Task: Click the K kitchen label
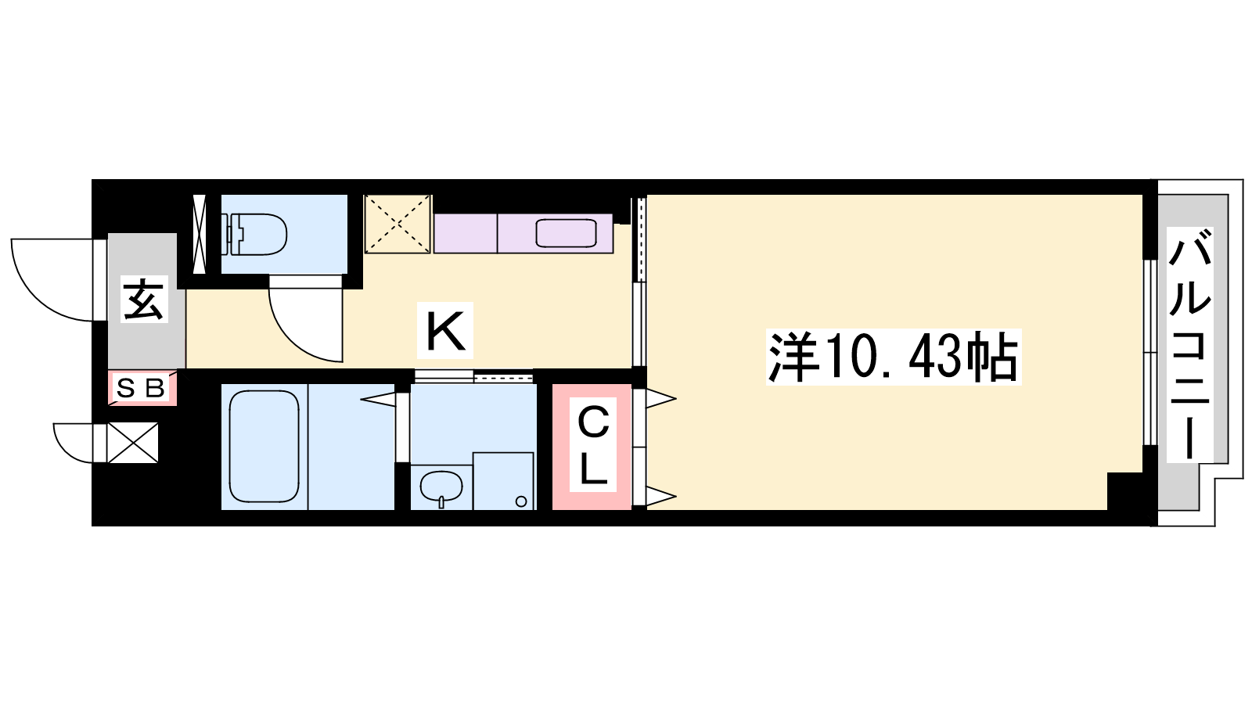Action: coord(445,330)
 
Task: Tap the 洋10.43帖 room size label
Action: coord(893,357)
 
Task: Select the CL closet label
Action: coord(593,445)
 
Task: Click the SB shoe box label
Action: coord(141,387)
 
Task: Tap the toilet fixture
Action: coord(254,234)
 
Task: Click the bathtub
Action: coord(264,447)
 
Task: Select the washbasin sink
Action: coord(441,486)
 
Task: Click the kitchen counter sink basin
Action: coord(567,234)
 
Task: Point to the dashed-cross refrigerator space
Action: coord(398,224)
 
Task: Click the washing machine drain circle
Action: coord(521,501)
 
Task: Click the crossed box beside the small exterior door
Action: coord(132,443)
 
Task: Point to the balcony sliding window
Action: coord(1149,353)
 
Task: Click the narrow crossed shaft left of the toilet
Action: coord(200,234)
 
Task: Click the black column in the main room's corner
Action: coord(1124,490)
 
